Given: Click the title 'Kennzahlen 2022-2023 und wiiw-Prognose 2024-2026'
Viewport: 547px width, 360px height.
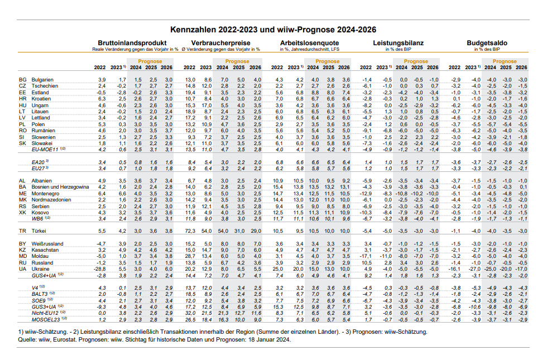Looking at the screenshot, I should point(273,29).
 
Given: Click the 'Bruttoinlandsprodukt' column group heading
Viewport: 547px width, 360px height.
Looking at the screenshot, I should point(132,43).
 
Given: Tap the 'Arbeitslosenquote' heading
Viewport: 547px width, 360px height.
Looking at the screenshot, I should point(310,43).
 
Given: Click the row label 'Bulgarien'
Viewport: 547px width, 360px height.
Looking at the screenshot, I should point(42,80).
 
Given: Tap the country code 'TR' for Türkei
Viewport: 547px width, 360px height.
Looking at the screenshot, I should point(22,231).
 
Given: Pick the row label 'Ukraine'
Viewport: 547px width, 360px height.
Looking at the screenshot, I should point(41,269).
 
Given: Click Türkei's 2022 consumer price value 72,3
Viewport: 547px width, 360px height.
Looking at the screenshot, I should point(190,231).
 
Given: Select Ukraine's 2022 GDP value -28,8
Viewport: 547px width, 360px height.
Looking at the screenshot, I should point(100,269).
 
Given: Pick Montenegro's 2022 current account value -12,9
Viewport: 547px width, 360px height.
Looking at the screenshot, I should point(366,193).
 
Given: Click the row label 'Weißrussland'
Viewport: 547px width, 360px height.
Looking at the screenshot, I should point(47,244).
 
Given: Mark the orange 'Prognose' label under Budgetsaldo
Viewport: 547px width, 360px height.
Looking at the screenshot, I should point(505,61).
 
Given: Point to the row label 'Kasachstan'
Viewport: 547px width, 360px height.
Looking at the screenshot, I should point(45,250).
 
